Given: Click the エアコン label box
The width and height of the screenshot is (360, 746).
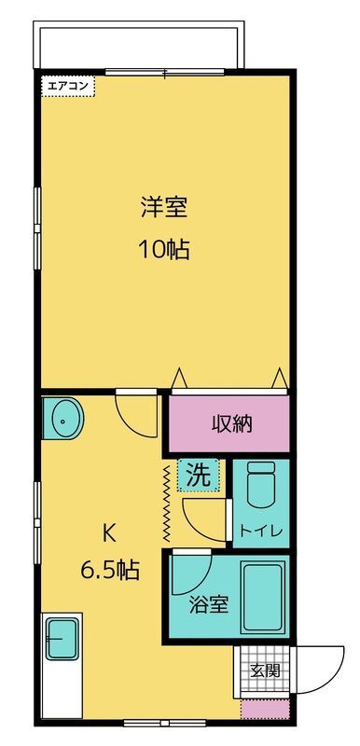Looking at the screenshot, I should coord(67,86).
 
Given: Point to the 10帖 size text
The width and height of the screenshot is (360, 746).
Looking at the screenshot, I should coord(166,250).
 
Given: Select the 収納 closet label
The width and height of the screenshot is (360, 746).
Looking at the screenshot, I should coord(229,423).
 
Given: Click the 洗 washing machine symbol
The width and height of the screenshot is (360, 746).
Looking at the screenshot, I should coord(200,473).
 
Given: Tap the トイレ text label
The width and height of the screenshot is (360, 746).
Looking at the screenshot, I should coord(260,531).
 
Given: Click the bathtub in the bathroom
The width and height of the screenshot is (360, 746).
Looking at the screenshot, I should coord(265,596).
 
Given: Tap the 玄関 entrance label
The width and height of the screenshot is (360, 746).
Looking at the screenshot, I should coord(264,670).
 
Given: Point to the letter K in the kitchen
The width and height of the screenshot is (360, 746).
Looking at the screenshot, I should coord(108,533).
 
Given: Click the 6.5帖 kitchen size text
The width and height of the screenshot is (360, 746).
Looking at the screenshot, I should coord(108,570).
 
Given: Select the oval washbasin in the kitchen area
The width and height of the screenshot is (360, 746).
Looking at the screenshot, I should coord(63,420).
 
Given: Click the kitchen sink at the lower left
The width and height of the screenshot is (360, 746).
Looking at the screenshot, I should coord(62,640).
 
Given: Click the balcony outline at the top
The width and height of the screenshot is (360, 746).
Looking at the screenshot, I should coord(140,43).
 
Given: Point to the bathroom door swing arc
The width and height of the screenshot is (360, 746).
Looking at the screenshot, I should coord(187,573).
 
